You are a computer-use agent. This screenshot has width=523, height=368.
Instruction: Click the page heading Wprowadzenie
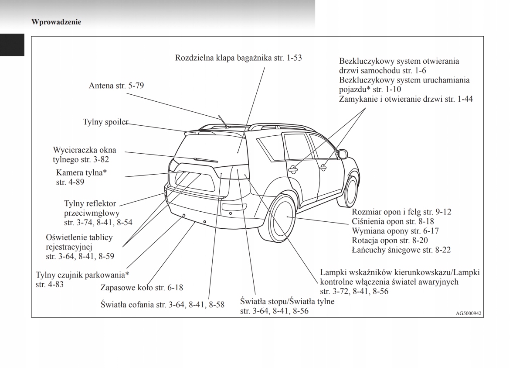tap(56, 22)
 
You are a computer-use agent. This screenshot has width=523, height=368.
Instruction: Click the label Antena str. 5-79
tap(116, 86)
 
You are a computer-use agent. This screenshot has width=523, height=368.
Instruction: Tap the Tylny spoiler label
tap(105, 122)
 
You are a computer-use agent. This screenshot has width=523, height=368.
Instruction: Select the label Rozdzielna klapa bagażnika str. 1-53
tap(238, 58)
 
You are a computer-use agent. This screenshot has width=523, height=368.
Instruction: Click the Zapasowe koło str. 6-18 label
tap(141, 288)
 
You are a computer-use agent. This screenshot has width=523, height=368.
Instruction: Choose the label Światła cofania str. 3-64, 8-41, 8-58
tap(162, 305)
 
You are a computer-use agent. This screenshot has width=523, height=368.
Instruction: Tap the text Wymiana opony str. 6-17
tap(395, 231)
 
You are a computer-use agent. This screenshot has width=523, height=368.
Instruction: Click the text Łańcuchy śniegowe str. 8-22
tap(401, 250)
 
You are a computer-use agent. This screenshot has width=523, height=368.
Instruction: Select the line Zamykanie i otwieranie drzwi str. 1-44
tap(406, 100)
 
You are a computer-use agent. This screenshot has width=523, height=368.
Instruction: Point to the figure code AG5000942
tap(469, 313)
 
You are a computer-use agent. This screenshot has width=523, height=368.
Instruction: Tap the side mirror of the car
tap(343, 154)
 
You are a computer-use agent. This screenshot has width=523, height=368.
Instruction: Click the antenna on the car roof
tap(223, 121)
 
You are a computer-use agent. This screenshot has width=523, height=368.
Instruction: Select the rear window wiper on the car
tap(205, 160)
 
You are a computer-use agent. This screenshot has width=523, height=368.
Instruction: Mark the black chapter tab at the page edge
tap(12, 45)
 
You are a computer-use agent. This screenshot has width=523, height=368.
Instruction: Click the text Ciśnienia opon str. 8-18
tap(393, 221)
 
